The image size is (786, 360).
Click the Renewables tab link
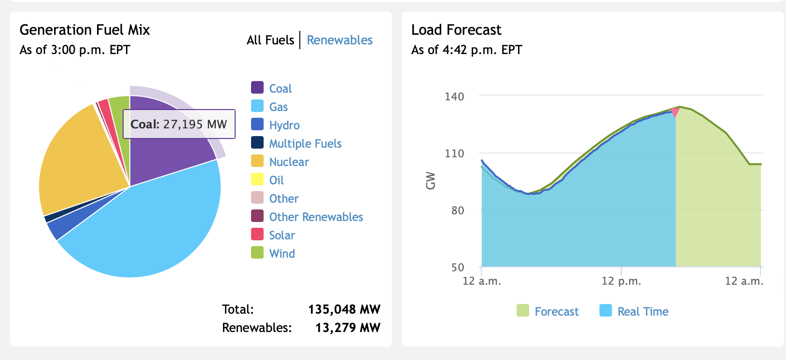point(339,40)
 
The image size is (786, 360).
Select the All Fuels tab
point(270,40)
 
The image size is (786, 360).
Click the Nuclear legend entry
point(289,162)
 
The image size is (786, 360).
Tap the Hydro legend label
point(284,125)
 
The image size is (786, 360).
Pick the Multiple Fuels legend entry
point(305,143)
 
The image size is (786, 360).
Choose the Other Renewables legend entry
point(316,217)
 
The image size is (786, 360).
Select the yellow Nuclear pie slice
point(77,154)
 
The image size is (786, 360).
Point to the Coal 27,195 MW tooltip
point(179,124)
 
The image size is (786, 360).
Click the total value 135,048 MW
point(344,309)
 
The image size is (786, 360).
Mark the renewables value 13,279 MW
point(348,328)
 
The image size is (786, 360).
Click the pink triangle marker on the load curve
point(675,112)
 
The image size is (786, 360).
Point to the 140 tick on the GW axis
point(454,97)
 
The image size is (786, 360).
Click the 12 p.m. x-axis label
point(621,281)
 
